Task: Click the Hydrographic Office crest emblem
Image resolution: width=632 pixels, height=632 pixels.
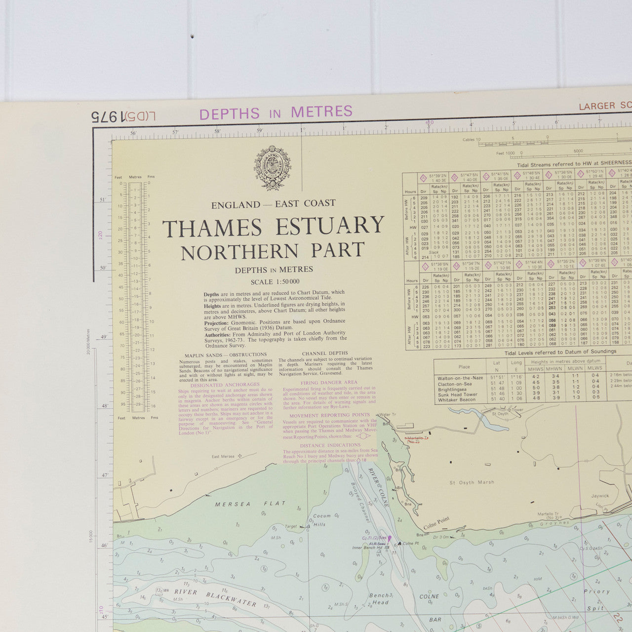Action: pos(273,168)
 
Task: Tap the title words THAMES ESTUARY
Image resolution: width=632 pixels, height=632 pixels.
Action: pos(273,227)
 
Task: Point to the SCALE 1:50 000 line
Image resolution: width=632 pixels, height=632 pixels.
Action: pos(275,282)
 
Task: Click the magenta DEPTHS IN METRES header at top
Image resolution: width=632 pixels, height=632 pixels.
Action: pos(276,113)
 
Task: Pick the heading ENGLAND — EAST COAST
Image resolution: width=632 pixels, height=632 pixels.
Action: pos(273,204)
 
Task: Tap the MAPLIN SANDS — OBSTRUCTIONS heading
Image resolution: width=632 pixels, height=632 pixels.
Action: pos(226,355)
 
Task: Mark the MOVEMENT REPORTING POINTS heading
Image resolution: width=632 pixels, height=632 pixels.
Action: pos(329,415)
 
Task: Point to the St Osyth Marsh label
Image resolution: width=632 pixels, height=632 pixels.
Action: pos(472,482)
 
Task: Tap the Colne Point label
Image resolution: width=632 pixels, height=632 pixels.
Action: pos(436,527)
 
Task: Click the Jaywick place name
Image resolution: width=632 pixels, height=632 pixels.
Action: pos(600,496)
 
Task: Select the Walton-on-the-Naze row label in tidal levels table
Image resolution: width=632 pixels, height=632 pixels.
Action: pos(460,378)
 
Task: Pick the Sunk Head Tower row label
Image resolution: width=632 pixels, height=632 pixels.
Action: pos(457,395)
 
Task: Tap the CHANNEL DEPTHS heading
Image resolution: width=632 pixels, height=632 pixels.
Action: pos(324,354)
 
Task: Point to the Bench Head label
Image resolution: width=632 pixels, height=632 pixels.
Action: pos(380,599)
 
